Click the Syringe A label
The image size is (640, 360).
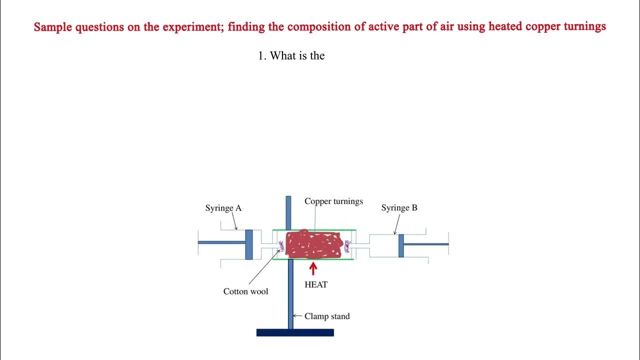223,208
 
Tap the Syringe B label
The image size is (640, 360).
399,208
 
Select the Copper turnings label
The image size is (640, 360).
333,201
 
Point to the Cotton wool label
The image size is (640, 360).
245,291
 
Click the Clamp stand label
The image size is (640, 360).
327,316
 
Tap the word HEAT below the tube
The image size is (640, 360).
316,285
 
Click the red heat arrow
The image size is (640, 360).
313,269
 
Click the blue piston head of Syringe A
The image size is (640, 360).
249,244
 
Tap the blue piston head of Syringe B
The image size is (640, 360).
401,245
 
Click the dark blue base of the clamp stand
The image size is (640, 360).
295,332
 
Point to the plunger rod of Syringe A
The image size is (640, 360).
221,242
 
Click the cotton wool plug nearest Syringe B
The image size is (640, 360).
347,245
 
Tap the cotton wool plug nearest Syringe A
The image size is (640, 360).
281,245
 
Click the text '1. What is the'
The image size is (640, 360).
291,56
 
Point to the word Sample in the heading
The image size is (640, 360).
53,26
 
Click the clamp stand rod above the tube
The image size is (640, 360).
288,212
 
